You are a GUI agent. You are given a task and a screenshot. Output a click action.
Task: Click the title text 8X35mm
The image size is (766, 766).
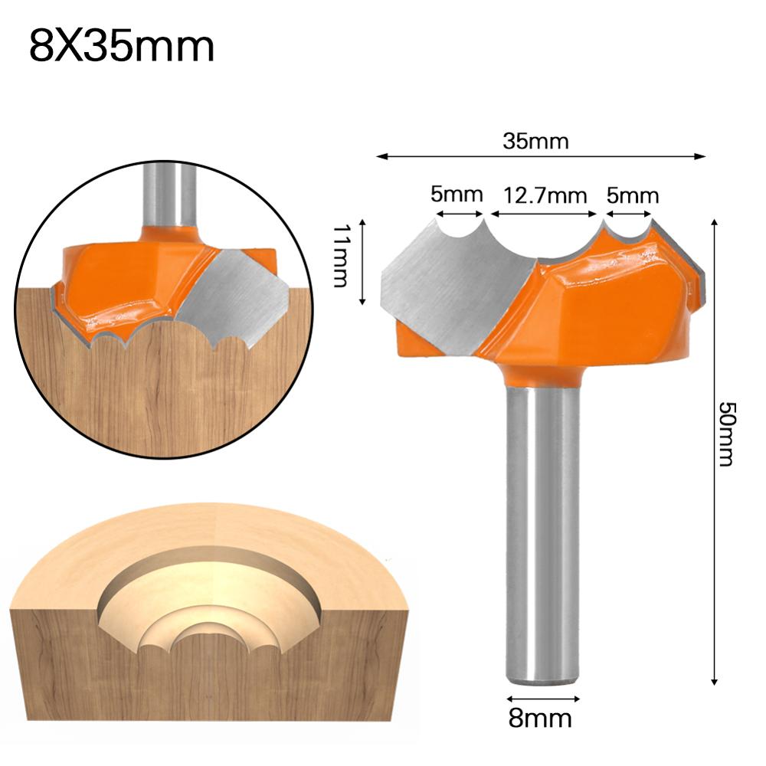click(122, 47)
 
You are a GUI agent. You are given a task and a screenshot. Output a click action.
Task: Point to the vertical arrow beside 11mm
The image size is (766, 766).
click(362, 263)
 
